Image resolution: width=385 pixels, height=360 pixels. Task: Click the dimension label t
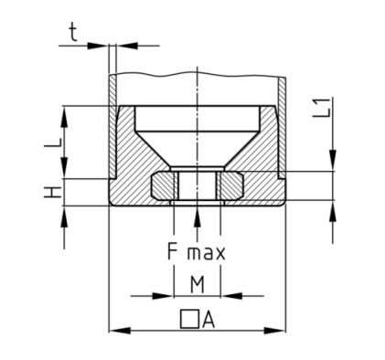click(x=73, y=33)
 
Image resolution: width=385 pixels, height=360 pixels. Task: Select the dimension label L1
click(x=322, y=108)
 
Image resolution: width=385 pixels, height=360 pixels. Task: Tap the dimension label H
click(x=52, y=193)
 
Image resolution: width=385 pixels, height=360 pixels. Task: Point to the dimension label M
click(x=198, y=284)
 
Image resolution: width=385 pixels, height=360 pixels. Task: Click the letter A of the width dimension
click(x=209, y=320)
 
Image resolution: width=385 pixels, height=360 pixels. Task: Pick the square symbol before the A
click(x=189, y=320)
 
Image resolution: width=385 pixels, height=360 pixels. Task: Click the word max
click(x=207, y=253)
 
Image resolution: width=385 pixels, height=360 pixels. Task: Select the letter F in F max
click(x=173, y=251)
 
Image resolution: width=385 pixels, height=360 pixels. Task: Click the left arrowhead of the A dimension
click(x=120, y=331)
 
